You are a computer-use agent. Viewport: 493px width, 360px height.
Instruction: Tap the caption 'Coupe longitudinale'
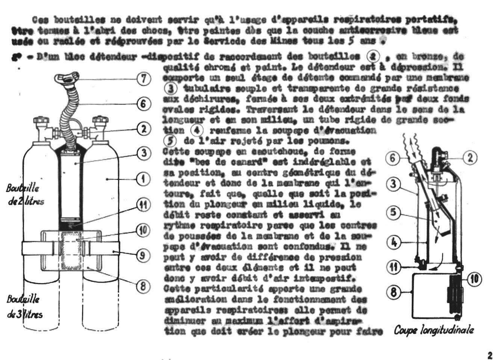click(434, 331)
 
